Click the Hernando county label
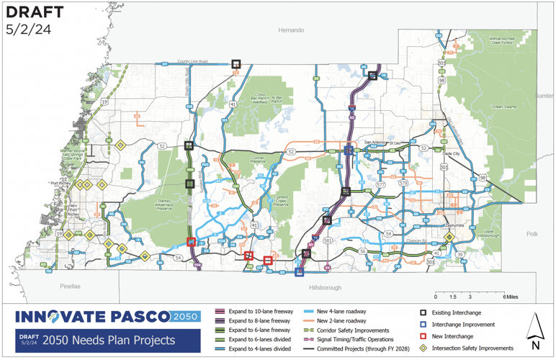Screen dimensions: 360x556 [x=292, y=30]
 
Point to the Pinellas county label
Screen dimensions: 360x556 [x=71, y=286]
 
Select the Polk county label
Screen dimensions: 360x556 [x=532, y=234]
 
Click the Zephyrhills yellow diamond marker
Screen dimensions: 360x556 [x=449, y=237]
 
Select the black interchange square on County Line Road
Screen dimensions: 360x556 [x=236, y=64]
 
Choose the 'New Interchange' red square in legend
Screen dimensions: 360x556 [x=425, y=336]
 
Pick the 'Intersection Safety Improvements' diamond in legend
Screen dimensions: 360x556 [x=425, y=348]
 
